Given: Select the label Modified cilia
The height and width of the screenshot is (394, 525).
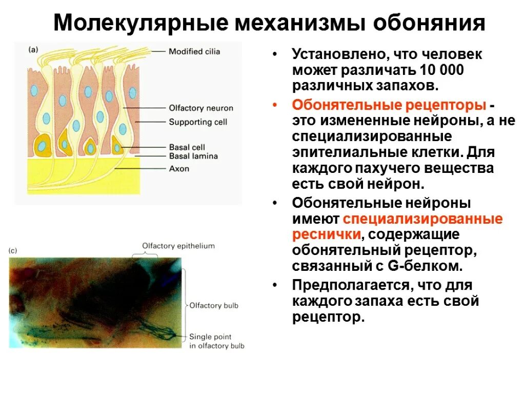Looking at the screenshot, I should tap(194, 51).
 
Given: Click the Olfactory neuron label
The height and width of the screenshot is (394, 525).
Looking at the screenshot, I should tap(201, 108).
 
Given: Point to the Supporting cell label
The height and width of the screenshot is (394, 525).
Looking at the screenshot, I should tap(198, 122).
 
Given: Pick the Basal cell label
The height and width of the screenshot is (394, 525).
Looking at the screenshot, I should tap(187, 147).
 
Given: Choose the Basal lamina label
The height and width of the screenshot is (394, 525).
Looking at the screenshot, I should tap(193, 156).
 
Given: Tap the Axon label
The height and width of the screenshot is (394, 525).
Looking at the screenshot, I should tap(179, 168).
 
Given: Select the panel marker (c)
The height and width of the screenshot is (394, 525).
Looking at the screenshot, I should tap(13, 251).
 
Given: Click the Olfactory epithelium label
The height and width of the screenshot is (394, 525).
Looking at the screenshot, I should tap(178, 246).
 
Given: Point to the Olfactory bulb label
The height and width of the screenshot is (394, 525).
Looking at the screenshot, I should tap(214, 306).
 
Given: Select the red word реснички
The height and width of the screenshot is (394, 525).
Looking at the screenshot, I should tap(326, 235).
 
